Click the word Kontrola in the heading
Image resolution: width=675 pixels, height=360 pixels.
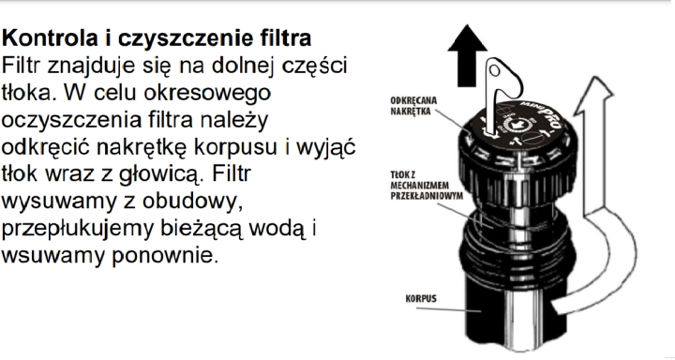pos(46,42)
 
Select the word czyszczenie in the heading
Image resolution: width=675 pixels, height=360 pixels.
pos(168,42)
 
